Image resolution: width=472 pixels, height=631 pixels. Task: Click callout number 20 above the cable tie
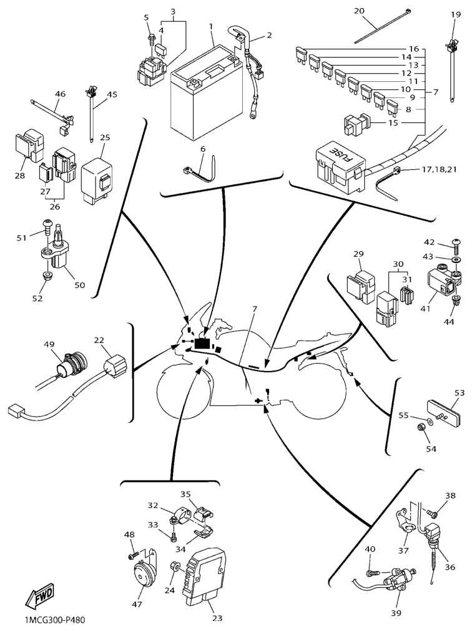[376, 11]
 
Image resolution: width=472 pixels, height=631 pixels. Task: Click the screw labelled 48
[132, 554]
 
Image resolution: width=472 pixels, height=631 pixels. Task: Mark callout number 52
[37, 299]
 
